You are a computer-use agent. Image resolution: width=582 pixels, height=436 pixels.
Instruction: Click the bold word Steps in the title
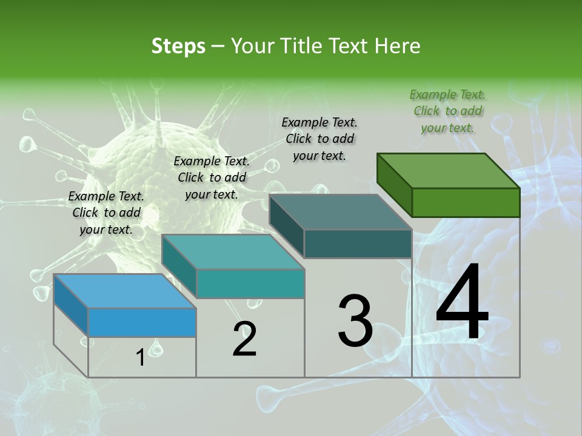178,46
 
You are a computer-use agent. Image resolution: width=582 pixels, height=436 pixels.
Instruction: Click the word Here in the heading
397,46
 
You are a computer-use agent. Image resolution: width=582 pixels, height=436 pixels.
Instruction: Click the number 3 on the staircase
355,321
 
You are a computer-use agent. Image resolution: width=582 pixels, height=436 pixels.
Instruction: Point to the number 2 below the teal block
244,339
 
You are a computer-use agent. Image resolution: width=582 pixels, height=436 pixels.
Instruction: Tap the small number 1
140,358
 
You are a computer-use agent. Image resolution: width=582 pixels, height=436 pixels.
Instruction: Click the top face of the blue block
124,291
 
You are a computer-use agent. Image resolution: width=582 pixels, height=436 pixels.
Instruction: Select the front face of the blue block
142,322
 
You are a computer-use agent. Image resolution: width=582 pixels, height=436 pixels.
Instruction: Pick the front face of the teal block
250,283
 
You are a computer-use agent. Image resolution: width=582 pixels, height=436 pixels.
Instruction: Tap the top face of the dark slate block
340,212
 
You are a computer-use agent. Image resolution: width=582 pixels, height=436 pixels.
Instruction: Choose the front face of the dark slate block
358,243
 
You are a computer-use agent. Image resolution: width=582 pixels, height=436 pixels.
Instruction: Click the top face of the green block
448,171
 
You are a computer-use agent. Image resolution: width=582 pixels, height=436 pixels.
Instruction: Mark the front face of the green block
466,202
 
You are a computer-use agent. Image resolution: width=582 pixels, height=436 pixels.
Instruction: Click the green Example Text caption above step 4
447,111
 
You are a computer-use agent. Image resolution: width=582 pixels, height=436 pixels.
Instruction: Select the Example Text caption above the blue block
106,213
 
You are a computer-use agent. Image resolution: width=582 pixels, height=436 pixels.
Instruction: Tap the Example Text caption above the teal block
212,177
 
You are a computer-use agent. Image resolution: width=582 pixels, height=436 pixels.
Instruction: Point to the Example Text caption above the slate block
319,139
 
